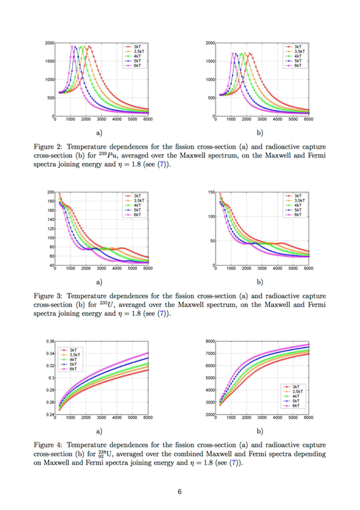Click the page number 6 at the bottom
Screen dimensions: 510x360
[x=179, y=492]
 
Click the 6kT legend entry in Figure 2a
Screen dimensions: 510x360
[x=137, y=65]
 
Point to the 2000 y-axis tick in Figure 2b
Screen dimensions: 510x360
[x=210, y=43]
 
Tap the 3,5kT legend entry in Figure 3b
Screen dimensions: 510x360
[x=294, y=200]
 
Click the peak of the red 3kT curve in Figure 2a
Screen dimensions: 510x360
[x=89, y=46]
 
